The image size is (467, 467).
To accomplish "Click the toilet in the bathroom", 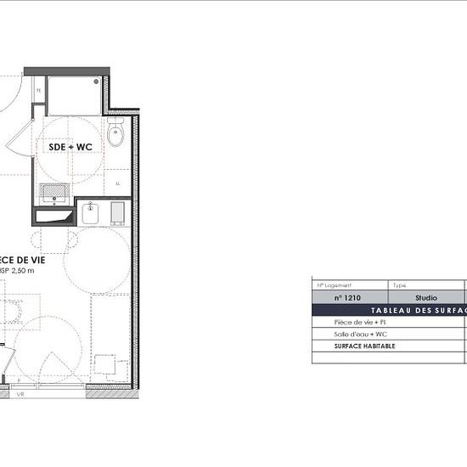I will [115, 134].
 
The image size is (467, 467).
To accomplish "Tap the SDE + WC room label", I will [70, 147].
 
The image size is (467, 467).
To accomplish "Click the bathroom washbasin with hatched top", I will [54, 191].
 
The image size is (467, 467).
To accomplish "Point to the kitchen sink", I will [92, 212].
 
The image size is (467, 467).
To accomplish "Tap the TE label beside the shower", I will [38, 90].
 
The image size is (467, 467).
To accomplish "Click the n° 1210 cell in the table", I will [349, 298].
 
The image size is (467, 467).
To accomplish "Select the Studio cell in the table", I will [425, 298].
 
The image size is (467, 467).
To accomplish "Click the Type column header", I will [400, 286].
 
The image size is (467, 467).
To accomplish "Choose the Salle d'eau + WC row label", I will [361, 335].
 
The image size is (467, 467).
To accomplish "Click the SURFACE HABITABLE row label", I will [365, 346].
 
